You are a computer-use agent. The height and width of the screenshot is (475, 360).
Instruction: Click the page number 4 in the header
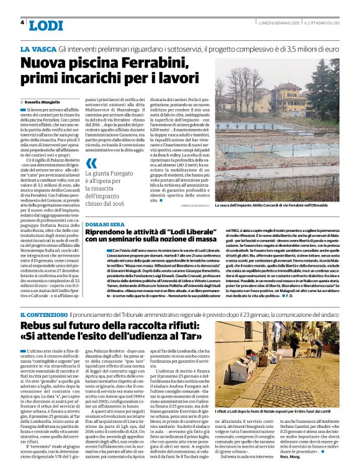22,22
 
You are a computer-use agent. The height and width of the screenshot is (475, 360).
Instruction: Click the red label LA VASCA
37,48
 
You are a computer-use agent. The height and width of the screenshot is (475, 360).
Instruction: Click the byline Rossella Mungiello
42,102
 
